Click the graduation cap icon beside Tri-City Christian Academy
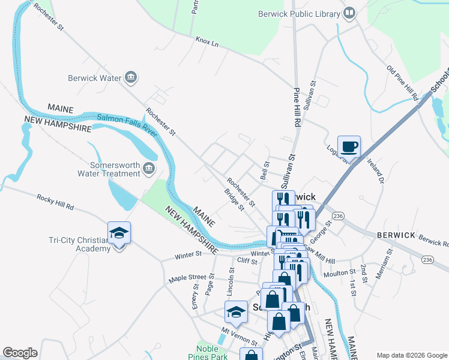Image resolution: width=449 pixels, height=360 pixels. [x=119, y=234]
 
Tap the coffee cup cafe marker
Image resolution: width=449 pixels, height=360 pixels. [x=349, y=146]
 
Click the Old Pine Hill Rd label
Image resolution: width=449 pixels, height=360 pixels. [x=402, y=83]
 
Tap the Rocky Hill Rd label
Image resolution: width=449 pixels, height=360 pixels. [x=55, y=202]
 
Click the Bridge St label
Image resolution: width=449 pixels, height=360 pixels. [x=234, y=200]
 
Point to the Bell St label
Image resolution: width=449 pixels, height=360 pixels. [x=264, y=171]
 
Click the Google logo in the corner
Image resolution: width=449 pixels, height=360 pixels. [x=20, y=353]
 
